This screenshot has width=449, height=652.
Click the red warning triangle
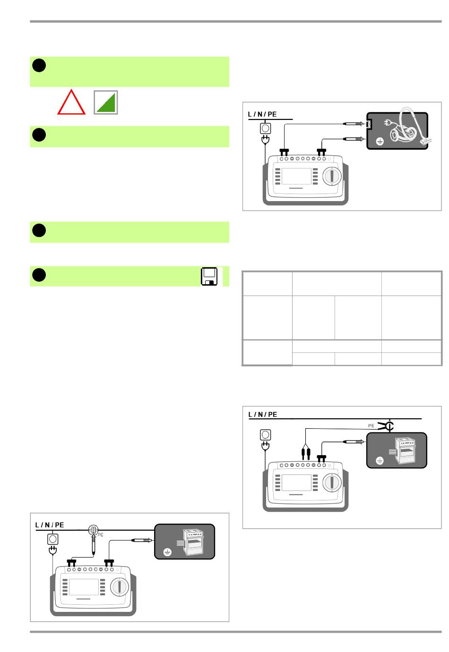pos(71,103)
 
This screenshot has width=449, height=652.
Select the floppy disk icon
pos(209,277)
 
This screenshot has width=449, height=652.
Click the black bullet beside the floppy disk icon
pos(39,275)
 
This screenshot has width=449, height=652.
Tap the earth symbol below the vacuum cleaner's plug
pos(379,141)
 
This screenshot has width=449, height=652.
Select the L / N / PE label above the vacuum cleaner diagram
pos(262,114)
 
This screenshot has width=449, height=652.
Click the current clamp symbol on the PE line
pos(389,426)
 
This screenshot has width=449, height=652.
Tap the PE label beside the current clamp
pos(371,426)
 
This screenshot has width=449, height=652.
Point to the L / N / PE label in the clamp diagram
pos(263,415)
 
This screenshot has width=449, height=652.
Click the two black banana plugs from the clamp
pos(305,454)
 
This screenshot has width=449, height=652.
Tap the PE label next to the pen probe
pos(100,535)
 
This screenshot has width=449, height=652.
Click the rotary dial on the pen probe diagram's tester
pos(120,587)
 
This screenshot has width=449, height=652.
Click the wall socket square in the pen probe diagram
pos(52,539)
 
